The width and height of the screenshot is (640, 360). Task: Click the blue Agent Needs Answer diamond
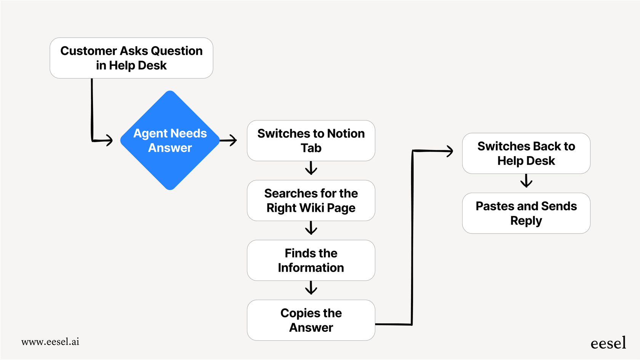pyautogui.click(x=170, y=140)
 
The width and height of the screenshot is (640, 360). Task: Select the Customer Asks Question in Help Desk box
pyautogui.click(x=131, y=58)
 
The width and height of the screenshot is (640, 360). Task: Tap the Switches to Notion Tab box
pyautogui.click(x=311, y=141)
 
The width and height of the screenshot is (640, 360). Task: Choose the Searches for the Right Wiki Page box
pyautogui.click(x=311, y=200)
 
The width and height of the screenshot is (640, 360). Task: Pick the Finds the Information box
pyautogui.click(x=311, y=260)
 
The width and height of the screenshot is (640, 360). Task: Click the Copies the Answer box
pyautogui.click(x=311, y=320)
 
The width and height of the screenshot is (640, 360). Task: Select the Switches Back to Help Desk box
pyautogui.click(x=526, y=153)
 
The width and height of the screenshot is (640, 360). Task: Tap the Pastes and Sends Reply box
pyautogui.click(x=526, y=213)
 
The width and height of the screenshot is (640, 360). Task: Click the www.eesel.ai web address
pyautogui.click(x=50, y=342)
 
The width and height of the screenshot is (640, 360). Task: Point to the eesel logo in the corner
pyautogui.click(x=608, y=343)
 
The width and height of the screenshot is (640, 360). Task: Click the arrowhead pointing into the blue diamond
pyautogui.click(x=109, y=140)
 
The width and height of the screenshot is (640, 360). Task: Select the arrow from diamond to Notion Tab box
pyautogui.click(x=229, y=140)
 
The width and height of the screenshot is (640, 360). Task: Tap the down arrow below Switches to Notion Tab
pyautogui.click(x=311, y=168)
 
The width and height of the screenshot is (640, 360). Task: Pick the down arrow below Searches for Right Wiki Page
pyautogui.click(x=311, y=228)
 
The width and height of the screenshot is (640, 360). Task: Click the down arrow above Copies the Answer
pyautogui.click(x=311, y=288)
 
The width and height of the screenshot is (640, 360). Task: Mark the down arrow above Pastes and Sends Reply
pyautogui.click(x=526, y=181)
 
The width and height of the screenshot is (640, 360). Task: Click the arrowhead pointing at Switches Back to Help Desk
pyautogui.click(x=450, y=151)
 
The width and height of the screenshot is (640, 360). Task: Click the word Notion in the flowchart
pyautogui.click(x=346, y=133)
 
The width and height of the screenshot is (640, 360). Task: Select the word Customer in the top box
pyautogui.click(x=88, y=51)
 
